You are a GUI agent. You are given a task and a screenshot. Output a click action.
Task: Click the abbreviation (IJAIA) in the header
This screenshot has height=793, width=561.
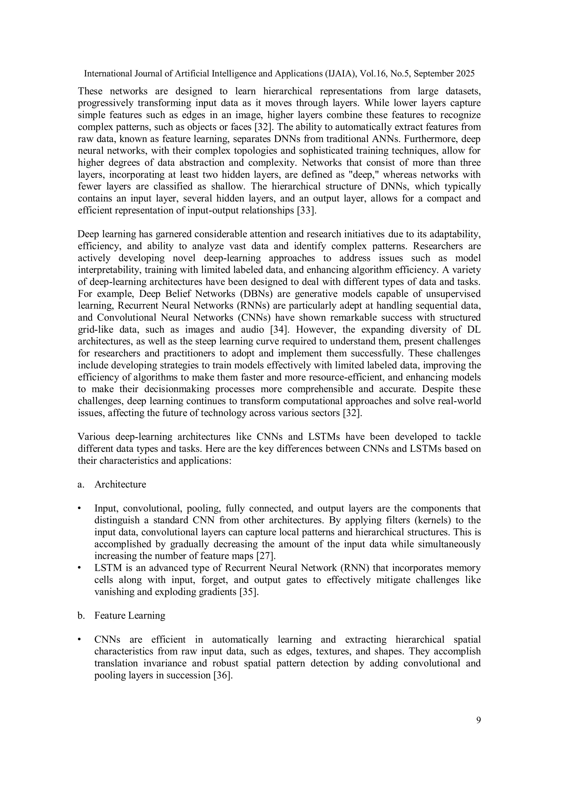click(339, 74)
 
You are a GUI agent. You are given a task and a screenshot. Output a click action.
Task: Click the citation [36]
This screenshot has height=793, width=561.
click(223, 675)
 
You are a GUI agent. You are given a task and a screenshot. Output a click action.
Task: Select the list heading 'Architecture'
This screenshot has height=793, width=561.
click(120, 484)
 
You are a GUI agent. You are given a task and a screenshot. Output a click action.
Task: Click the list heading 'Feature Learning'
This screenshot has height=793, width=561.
click(130, 615)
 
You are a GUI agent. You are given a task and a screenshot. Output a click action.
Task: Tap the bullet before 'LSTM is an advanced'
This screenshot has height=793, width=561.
click(79, 568)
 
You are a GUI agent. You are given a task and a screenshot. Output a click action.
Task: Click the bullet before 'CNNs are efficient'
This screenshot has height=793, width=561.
click(79, 640)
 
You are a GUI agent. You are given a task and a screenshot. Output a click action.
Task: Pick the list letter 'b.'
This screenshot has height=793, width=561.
click(81, 615)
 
